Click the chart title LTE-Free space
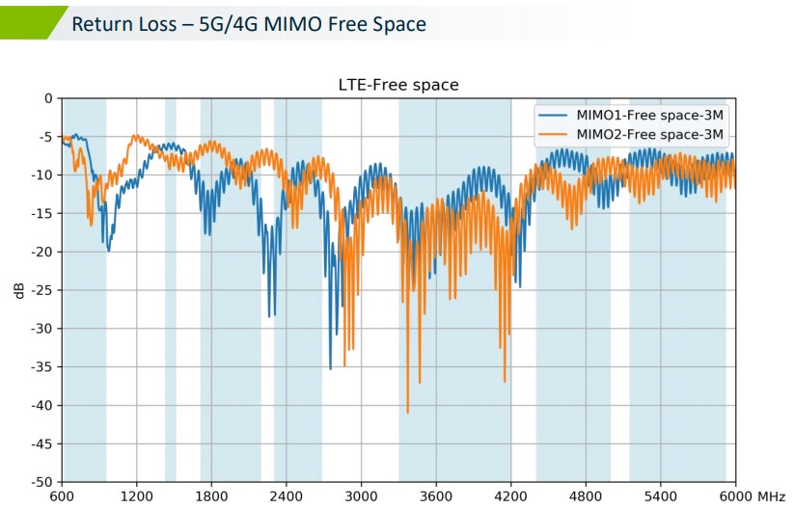pyautogui.click(x=397, y=85)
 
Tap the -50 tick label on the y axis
pyautogui.click(x=40, y=482)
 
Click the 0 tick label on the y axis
pyautogui.click(x=47, y=98)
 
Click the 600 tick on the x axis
pyautogui.click(x=62, y=496)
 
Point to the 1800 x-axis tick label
pyautogui.click(x=211, y=496)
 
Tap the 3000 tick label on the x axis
pyautogui.click(x=361, y=496)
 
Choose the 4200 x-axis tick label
pyautogui.click(x=510, y=496)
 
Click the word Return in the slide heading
pyautogui.click(x=99, y=23)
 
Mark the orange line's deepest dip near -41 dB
pyautogui.click(x=407, y=413)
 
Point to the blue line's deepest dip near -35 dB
pyautogui.click(x=330, y=368)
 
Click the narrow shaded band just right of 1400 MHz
pyautogui.click(x=171, y=289)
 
